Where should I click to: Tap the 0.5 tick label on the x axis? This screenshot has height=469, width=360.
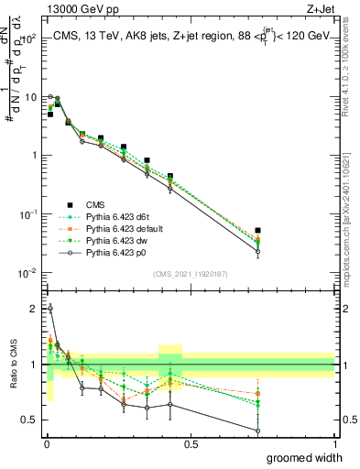click(x=190, y=444)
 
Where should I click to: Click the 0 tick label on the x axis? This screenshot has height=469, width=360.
click(x=45, y=444)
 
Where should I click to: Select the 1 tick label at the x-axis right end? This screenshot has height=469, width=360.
click(x=333, y=444)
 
